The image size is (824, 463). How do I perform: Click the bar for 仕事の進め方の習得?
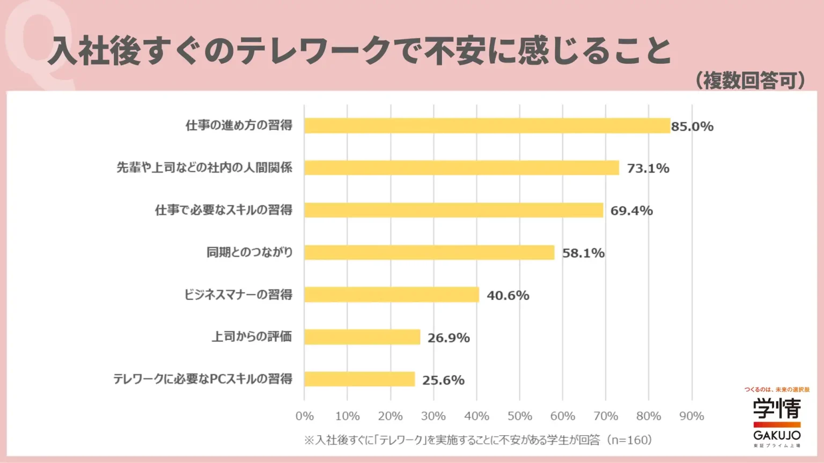(487, 125)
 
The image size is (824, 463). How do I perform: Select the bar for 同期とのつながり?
(429, 252)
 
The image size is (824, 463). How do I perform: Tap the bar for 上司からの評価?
(362, 337)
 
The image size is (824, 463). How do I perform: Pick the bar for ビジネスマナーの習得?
(391, 295)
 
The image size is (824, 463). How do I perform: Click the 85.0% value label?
(692, 126)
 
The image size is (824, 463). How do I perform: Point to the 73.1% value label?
(648, 168)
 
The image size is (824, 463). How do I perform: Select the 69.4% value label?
(631, 211)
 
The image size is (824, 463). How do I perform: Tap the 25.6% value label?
(443, 380)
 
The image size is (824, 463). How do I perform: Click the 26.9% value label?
(448, 338)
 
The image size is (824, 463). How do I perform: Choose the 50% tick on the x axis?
(519, 416)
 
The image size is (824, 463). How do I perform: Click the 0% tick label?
(305, 416)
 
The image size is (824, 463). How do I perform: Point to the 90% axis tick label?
(691, 416)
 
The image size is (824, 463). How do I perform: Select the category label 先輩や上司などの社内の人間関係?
(204, 168)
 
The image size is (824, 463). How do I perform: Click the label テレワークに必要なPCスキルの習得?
(202, 379)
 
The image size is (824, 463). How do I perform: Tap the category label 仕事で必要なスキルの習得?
(223, 210)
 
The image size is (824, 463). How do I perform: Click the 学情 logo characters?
(777, 409)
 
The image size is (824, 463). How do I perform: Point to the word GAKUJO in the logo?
(777, 435)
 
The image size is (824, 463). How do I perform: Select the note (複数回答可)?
(751, 80)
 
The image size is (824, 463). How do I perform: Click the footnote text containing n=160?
(478, 440)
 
